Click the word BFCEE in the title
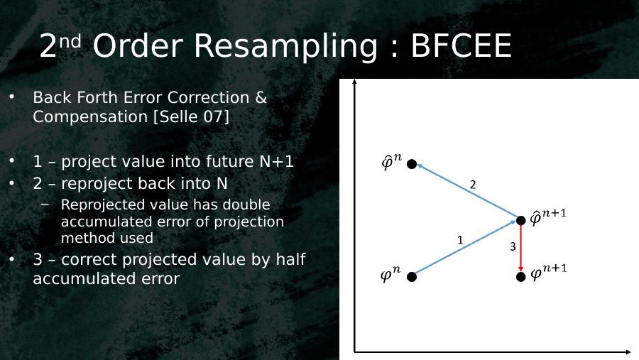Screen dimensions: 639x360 pyautogui.click(x=461, y=45)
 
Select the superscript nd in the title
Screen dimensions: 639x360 pyautogui.click(x=70, y=41)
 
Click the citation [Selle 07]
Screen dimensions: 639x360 pyautogui.click(x=191, y=116)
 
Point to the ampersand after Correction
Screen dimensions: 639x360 pyautogui.click(x=261, y=97)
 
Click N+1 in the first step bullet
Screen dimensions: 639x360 pyautogui.click(x=276, y=161)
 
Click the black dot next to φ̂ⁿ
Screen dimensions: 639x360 pyautogui.click(x=412, y=164)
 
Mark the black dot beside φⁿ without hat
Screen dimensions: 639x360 pyautogui.click(x=412, y=277)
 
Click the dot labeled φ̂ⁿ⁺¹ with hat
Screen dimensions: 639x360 pyautogui.click(x=521, y=221)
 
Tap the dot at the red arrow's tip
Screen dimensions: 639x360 pyautogui.click(x=521, y=277)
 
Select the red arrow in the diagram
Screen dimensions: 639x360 pyautogui.click(x=521, y=248)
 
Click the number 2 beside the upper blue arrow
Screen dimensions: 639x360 pyautogui.click(x=473, y=185)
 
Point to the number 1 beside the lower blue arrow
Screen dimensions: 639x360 pyautogui.click(x=461, y=240)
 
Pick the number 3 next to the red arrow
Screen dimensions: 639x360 pyautogui.click(x=513, y=246)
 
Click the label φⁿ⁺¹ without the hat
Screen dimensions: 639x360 pyautogui.click(x=549, y=273)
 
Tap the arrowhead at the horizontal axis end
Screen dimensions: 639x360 pyautogui.click(x=628, y=351)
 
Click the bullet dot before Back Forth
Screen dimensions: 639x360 pyautogui.click(x=12, y=97)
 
